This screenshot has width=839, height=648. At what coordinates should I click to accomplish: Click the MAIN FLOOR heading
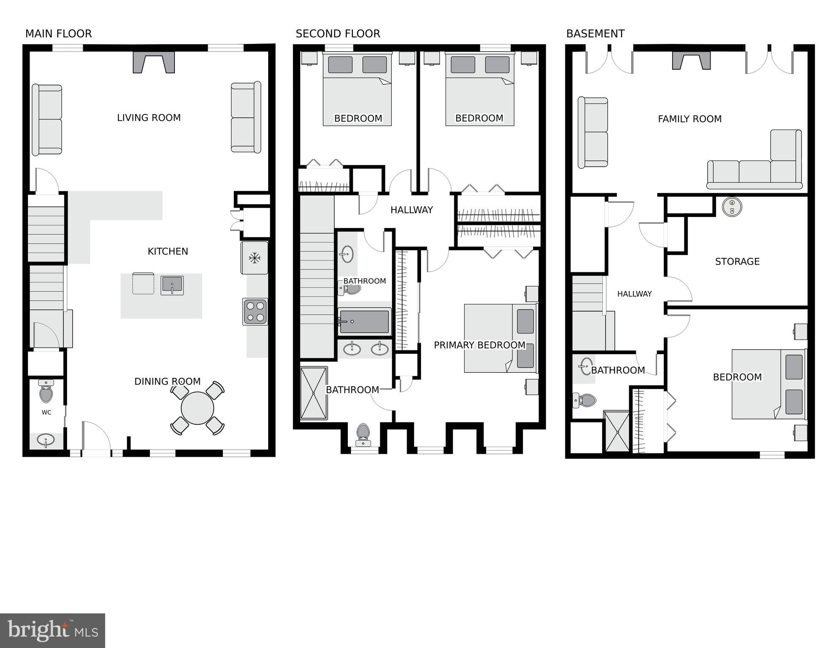pos(58,34)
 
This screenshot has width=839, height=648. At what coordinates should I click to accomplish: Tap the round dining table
pos(197,408)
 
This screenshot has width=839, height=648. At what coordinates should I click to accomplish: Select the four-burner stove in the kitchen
pos(255,312)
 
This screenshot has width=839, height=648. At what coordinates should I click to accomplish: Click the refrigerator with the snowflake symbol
pos(254,258)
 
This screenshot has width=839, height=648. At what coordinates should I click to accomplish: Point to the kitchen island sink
pos(172,285)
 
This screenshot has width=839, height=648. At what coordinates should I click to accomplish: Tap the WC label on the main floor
pos(46,412)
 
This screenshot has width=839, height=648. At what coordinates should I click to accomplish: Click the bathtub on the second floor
pos(364,322)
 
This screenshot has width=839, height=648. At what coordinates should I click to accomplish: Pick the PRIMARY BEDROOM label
pos(480,345)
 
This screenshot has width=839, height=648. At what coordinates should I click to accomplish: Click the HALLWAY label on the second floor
pos(412,210)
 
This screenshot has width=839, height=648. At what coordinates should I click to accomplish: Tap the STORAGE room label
pos(737,262)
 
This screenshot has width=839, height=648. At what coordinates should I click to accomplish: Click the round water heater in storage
pos(732,206)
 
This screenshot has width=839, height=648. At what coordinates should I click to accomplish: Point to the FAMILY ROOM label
pos(690,119)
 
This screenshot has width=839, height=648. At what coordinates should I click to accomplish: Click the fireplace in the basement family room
pos(691,60)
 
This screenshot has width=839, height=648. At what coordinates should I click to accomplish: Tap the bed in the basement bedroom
pos(768,384)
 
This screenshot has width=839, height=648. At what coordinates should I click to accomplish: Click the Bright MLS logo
pos(52,631)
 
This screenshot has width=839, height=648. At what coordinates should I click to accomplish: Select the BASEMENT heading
pos(595,34)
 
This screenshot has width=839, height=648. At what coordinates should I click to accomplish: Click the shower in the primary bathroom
pos(314,393)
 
